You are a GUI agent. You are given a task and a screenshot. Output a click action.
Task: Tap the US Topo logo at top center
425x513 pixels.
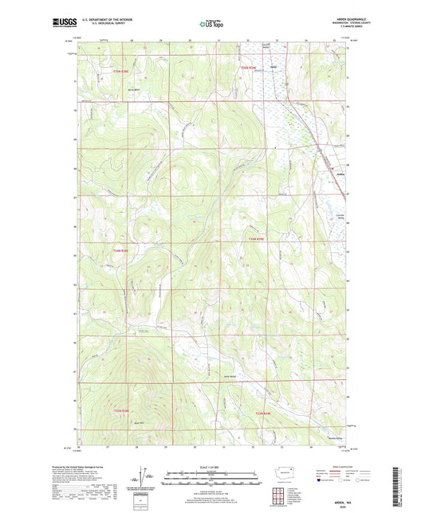coord(208,24)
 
